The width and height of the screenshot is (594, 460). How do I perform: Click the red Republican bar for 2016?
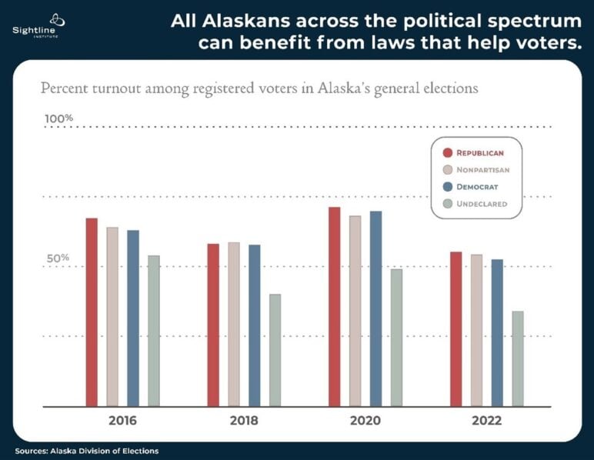pyautogui.click(x=92, y=312)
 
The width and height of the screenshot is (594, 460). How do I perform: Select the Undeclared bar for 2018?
pyautogui.click(x=275, y=350)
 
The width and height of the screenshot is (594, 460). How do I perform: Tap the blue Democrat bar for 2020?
pyautogui.click(x=375, y=309)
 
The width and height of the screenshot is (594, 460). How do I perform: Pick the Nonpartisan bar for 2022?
pyautogui.click(x=476, y=331)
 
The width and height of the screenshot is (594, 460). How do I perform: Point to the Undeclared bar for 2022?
pyautogui.click(x=518, y=359)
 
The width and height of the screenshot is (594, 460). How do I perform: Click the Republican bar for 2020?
pyautogui.click(x=335, y=307)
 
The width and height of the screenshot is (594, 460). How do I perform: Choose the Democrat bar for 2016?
pyautogui.click(x=133, y=318)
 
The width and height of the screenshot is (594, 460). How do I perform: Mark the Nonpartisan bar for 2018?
pyautogui.click(x=234, y=325)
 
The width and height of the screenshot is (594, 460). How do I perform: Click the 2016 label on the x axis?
pyautogui.click(x=122, y=421)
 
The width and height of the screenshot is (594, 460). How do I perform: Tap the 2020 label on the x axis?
pyautogui.click(x=365, y=421)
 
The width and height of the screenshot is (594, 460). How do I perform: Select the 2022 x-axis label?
pyautogui.click(x=487, y=421)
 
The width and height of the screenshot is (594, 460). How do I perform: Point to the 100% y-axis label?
pyautogui.click(x=58, y=118)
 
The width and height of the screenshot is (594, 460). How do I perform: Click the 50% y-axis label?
pyautogui.click(x=58, y=258)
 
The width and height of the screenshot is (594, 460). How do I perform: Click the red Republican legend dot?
pyautogui.click(x=448, y=152)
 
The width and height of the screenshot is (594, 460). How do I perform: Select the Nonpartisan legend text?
pyautogui.click(x=483, y=170)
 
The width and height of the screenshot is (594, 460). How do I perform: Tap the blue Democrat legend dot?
pyautogui.click(x=448, y=187)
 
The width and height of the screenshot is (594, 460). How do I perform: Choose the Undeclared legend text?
pyautogui.click(x=482, y=204)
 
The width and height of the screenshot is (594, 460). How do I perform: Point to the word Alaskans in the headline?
pyautogui.click(x=247, y=21)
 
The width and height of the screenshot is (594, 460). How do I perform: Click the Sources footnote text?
pyautogui.click(x=87, y=451)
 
